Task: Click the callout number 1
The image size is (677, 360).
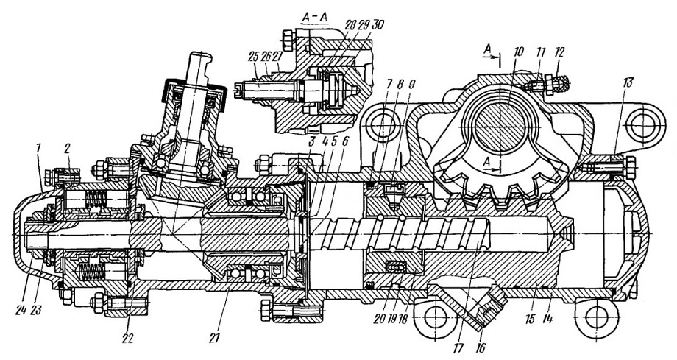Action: (x=38, y=148)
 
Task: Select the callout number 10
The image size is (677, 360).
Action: (x=517, y=52)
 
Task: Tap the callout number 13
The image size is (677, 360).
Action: (x=628, y=82)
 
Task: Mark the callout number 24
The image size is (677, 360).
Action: (x=21, y=309)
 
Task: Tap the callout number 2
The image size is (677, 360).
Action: (x=67, y=147)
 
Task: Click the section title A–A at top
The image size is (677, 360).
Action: (x=314, y=17)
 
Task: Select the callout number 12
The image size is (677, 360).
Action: (x=559, y=53)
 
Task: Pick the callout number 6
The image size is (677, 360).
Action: (x=345, y=141)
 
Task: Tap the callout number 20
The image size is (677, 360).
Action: (x=379, y=320)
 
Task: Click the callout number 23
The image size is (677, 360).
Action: (x=36, y=309)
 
